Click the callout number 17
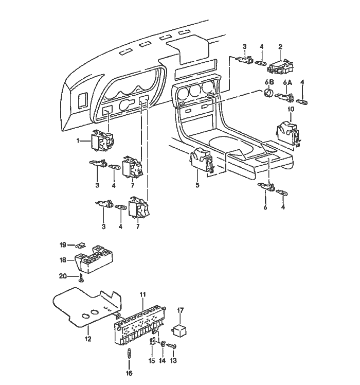(x=180, y=310)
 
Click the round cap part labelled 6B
(x=268, y=93)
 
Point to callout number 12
(x=88, y=339)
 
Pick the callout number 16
(x=129, y=373)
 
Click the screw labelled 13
(x=172, y=346)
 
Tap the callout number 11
(x=143, y=294)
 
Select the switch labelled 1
(x=102, y=140)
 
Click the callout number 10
(x=291, y=109)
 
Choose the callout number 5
(x=197, y=185)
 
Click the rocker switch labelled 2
(x=280, y=67)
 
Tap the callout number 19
(x=63, y=245)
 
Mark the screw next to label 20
(x=81, y=277)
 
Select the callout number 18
(x=63, y=260)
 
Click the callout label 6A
(x=287, y=83)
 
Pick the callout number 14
(x=162, y=360)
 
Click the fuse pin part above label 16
(x=129, y=354)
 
